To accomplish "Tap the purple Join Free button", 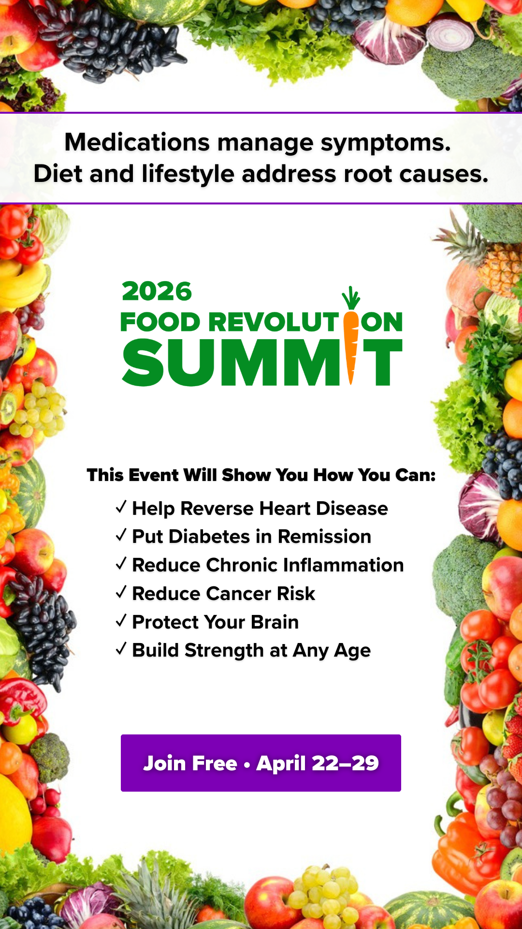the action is (x=261, y=763).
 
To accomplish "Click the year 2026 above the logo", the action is (x=157, y=291).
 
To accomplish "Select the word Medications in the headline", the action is (x=137, y=142).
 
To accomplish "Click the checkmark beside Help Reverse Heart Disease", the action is (x=121, y=507).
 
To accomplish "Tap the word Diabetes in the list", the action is (x=209, y=537).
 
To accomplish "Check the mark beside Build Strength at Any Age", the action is (x=121, y=649).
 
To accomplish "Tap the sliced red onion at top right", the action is (x=452, y=34).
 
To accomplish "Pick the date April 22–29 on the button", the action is (x=318, y=763).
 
